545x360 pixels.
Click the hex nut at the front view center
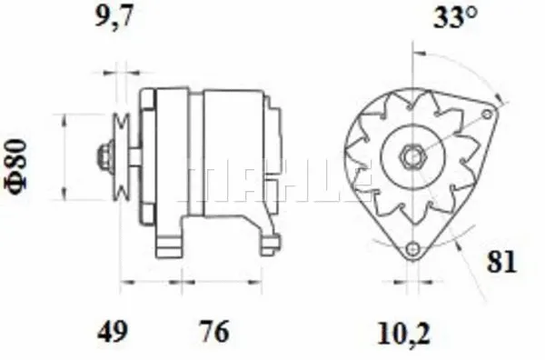pos(411,156)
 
